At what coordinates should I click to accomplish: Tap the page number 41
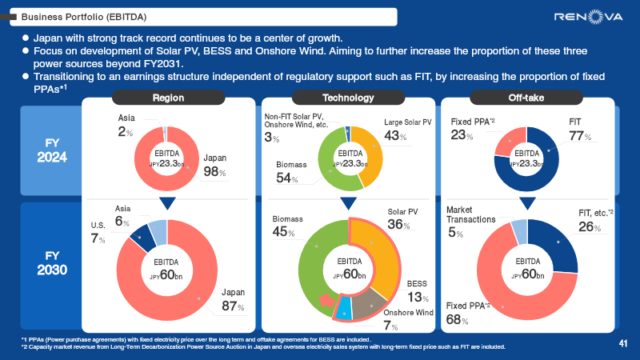pos(622,343)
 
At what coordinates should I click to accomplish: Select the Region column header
pos(168,98)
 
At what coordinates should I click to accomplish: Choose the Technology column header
pos(348,98)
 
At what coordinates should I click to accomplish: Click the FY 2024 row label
pos(51,150)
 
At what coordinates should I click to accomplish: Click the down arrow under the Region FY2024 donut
pos(168,203)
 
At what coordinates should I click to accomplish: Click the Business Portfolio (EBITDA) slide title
pos(77,15)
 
